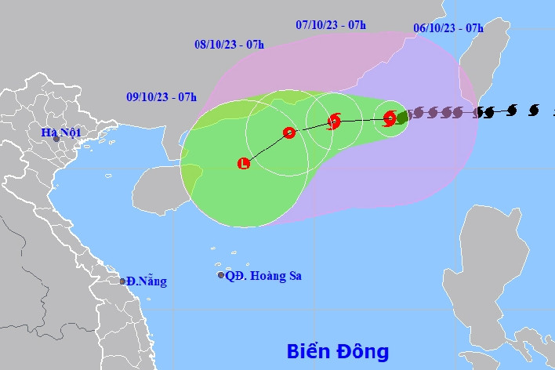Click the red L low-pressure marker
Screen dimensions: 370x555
pos(243,164)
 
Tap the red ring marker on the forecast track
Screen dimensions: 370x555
pos(288,132)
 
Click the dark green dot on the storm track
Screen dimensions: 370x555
pos(401,117)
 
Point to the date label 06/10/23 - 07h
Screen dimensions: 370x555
pos(448,28)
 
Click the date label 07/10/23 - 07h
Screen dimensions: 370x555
pos(331,24)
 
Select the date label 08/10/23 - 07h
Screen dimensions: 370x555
pos(229,44)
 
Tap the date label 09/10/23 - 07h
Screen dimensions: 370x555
pos(161,97)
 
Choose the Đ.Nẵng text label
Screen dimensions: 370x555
pos(147,281)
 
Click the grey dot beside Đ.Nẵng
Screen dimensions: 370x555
pos(122,281)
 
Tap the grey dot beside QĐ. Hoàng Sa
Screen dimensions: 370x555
pos(221,275)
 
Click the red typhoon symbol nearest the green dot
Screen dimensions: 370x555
pos(390,118)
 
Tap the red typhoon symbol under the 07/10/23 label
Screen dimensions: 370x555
pos(334,121)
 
